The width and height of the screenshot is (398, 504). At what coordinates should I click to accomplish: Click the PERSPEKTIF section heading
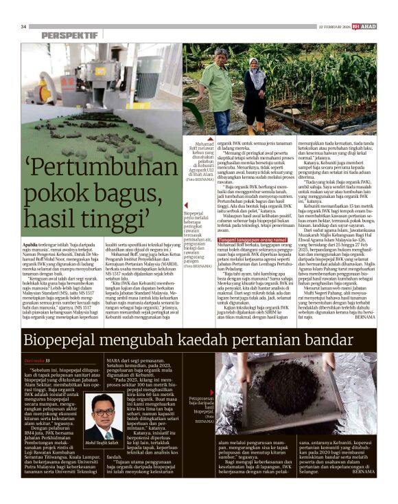pyautogui.click(x=69, y=35)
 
